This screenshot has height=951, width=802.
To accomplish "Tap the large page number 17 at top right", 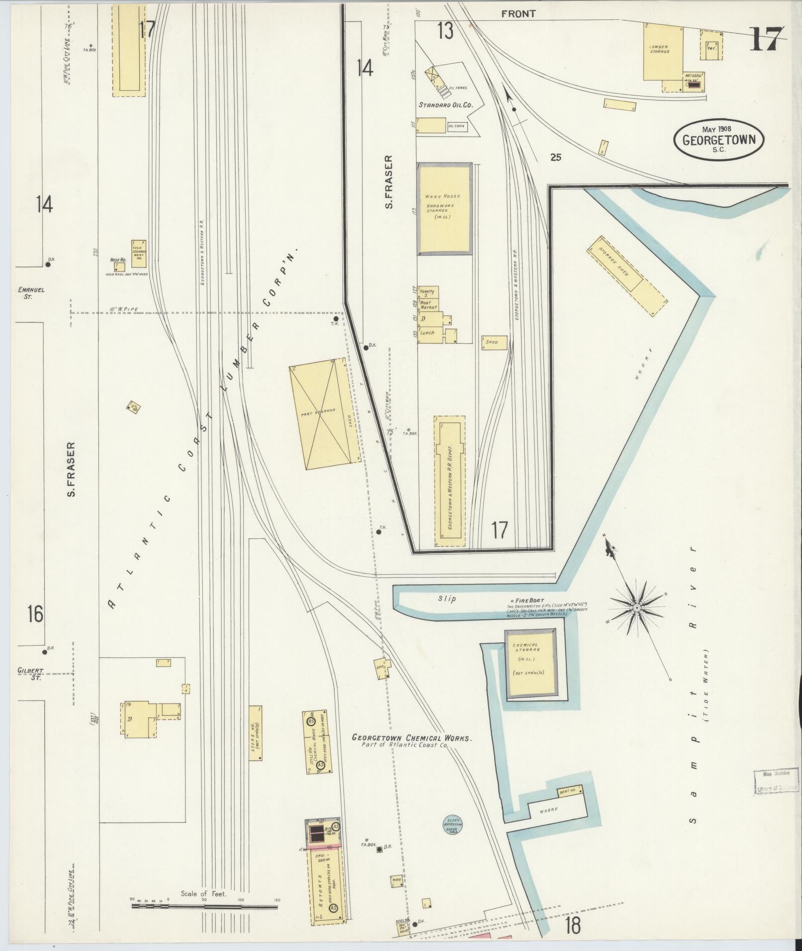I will (x=766, y=39).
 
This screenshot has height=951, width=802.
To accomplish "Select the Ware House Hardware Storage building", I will (x=444, y=209).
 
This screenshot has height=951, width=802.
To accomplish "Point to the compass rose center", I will (x=636, y=607).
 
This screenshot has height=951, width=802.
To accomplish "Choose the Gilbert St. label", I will (x=30, y=673).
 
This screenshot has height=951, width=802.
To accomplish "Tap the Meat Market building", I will (x=428, y=305).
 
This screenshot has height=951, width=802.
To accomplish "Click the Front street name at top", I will (x=518, y=14).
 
